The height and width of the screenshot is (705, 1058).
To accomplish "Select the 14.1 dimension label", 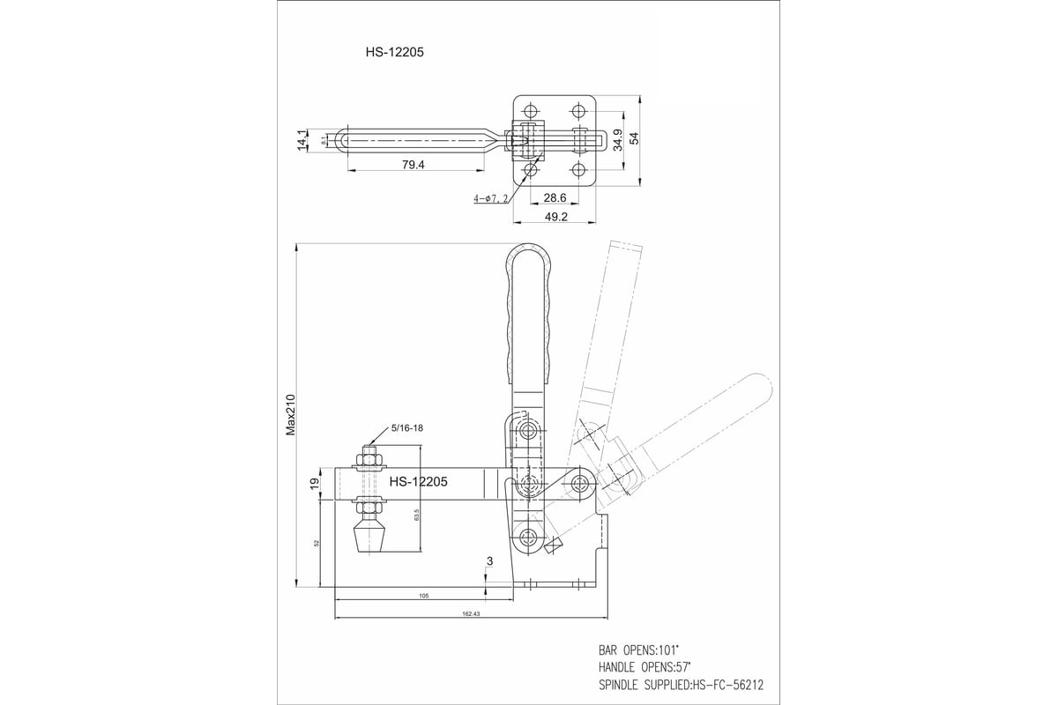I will pos(302,139).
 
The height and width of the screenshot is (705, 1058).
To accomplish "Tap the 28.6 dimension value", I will pos(555,198).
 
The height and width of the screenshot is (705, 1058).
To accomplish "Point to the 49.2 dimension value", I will pos(555,215).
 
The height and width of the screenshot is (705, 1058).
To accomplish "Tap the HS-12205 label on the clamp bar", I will pos(419,482).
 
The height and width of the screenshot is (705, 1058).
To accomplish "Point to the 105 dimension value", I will pos(423,597).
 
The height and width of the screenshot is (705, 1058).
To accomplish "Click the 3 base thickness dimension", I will pos(489,560).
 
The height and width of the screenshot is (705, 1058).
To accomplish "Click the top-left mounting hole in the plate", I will pos(530,112).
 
